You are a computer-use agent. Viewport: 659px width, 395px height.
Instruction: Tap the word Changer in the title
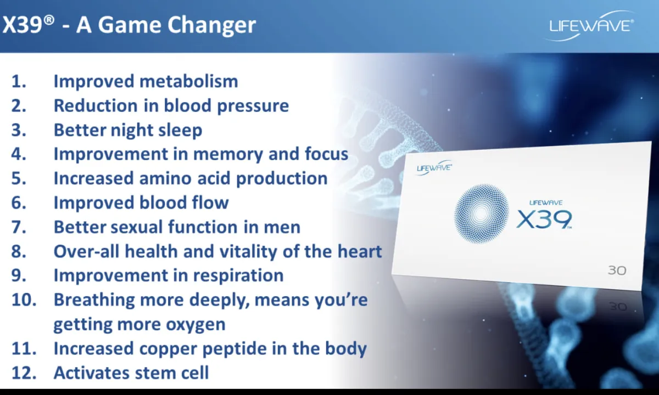pos(212,26)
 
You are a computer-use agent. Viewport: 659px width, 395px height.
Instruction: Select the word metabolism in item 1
pos(188,81)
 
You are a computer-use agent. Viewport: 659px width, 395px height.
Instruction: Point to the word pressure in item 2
pos(253,106)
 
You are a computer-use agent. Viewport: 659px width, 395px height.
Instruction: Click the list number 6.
pos(19,203)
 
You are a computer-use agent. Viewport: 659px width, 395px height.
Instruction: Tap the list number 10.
pos(24,300)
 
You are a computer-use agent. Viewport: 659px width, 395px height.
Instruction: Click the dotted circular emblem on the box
pos(481,213)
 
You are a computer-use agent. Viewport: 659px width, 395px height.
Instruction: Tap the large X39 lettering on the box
pos(544,219)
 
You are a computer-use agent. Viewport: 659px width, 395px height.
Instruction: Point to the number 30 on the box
pos(617,270)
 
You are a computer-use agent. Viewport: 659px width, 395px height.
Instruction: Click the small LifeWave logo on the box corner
pos(434,168)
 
